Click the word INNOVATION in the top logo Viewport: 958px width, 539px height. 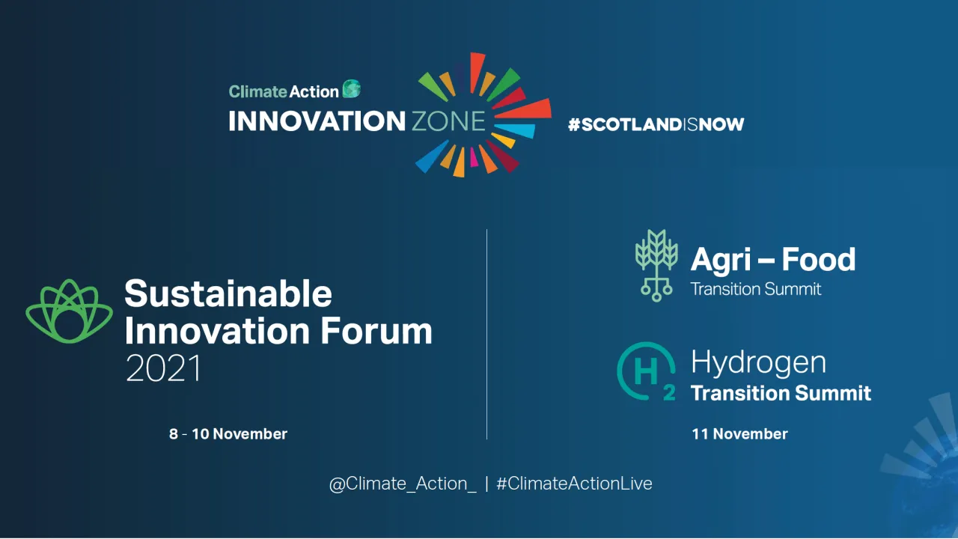(x=317, y=121)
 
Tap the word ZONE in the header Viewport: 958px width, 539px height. (x=448, y=121)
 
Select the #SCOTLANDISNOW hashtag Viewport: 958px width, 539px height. (x=656, y=124)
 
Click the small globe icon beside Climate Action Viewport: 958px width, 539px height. (x=352, y=90)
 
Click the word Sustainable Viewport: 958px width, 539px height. (x=228, y=293)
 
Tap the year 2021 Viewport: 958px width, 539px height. (x=164, y=368)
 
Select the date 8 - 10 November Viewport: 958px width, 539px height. (x=228, y=433)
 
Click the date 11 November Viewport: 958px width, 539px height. (x=739, y=433)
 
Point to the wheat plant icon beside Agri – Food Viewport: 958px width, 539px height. (x=656, y=265)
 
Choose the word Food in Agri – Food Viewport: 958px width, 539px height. (x=819, y=260)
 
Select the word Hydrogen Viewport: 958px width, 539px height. (x=758, y=362)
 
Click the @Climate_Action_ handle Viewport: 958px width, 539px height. (x=403, y=484)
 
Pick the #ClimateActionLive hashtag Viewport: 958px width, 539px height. (x=574, y=484)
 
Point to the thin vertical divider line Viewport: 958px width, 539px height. (x=486, y=334)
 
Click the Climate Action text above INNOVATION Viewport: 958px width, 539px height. (x=284, y=91)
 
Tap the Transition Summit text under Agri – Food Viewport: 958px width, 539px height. (x=756, y=289)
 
